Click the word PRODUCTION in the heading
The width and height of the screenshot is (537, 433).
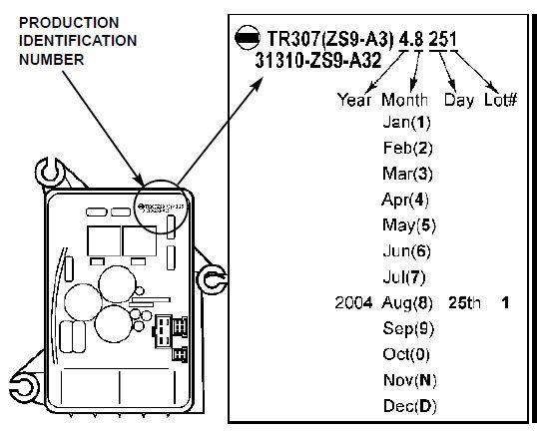69,23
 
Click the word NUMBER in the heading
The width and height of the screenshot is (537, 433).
51,60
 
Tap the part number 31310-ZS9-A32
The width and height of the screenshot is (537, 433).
318,61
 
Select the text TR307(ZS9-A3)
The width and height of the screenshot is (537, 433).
330,39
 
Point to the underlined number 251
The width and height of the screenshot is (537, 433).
442,39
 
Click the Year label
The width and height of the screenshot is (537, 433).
354,100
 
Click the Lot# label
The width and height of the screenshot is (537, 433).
500,100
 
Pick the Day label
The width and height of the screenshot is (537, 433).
459,101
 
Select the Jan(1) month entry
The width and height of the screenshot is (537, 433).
406,122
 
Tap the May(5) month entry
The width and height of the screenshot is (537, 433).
409,225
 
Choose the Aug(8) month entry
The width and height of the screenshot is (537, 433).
407,303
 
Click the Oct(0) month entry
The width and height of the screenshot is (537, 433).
406,354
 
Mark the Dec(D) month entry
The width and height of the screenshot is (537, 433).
410,406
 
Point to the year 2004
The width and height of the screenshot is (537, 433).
353,303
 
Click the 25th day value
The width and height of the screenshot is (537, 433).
464,303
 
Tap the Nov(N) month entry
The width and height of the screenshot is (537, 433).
410,380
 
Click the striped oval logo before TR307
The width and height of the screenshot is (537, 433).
248,37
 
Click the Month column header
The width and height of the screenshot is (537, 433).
404,100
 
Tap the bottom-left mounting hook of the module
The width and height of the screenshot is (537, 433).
24,387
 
